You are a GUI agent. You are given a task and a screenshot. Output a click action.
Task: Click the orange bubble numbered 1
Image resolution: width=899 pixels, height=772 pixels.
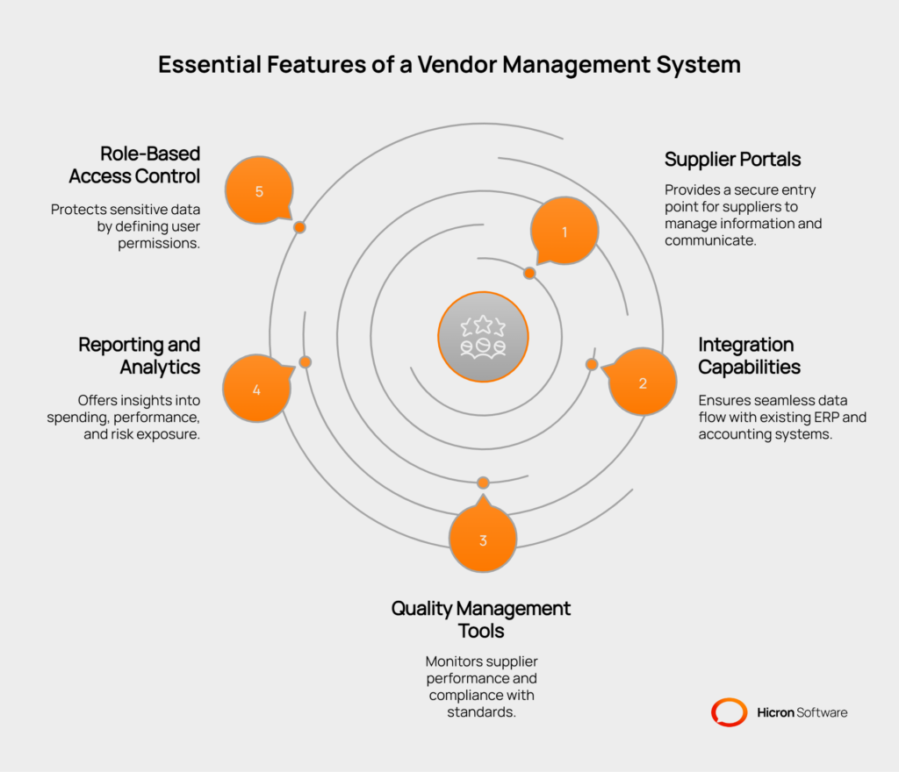[565, 232]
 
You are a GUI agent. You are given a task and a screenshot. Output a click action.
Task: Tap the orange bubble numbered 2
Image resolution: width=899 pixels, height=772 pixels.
[643, 382]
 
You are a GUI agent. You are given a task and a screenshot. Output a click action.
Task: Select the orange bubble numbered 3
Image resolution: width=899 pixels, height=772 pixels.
[483, 540]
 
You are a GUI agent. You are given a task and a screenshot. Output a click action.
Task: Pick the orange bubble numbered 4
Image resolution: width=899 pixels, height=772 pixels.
[256, 389]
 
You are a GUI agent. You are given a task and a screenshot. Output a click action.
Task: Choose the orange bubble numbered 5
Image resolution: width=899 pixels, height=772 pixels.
[259, 191]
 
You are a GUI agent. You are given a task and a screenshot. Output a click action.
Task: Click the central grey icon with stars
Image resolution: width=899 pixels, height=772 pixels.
[483, 337]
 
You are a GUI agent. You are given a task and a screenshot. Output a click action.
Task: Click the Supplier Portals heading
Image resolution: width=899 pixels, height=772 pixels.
[732, 160]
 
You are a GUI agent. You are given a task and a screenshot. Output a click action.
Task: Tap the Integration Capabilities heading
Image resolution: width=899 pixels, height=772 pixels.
[749, 355]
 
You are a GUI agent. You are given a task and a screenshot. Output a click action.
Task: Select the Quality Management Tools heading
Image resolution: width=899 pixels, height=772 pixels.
[481, 619]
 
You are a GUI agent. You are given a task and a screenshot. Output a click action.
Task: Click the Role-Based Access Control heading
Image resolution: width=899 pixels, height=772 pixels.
[134, 165]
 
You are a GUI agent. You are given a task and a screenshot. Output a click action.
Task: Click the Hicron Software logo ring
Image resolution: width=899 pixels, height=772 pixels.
[729, 712]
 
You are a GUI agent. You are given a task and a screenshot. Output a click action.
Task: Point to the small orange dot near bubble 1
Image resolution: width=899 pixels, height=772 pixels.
[529, 274]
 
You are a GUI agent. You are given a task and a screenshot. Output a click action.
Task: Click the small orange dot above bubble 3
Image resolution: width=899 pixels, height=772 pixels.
[483, 482]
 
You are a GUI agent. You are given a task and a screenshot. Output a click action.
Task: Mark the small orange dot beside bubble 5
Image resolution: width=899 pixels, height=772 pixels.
[299, 227]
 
